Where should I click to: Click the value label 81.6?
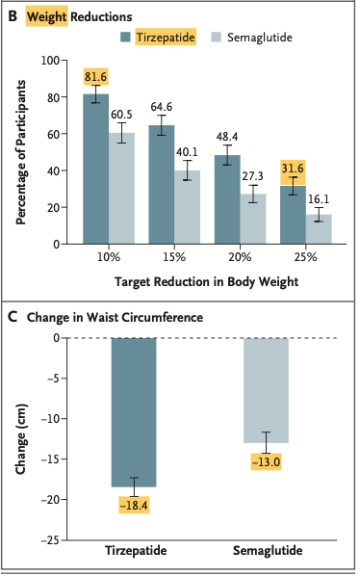coord(95,77)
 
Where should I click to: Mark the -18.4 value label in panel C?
coord(134,505)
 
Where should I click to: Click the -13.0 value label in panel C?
coord(265,462)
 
